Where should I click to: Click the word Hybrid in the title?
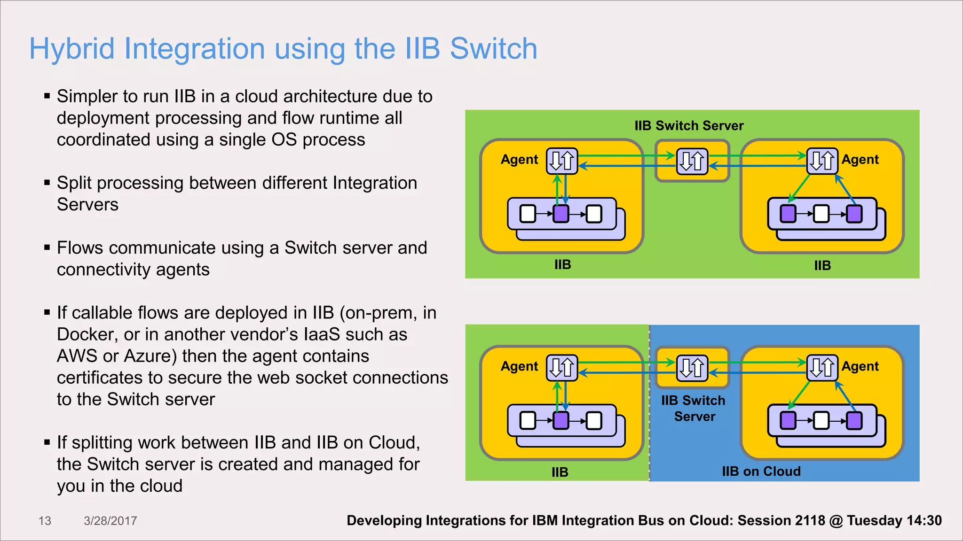coord(72,49)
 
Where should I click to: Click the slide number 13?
coord(45,521)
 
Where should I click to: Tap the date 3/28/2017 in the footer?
coord(110,521)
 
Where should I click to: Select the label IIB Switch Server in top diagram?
coord(689,126)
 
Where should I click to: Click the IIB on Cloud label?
coord(761,471)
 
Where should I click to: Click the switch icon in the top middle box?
coord(692,161)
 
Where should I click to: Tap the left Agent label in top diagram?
coord(519,160)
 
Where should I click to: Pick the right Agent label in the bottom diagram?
coord(860,366)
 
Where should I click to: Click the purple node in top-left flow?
coord(560,214)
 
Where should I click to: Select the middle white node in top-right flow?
coord(821,214)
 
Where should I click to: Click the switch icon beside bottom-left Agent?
coord(561,367)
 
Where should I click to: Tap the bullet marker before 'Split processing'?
coord(47,183)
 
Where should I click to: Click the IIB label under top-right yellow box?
coord(822,266)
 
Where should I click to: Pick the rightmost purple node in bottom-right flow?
coord(854,420)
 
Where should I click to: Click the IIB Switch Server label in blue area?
coord(694,409)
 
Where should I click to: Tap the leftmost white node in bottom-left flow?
coord(528,420)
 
